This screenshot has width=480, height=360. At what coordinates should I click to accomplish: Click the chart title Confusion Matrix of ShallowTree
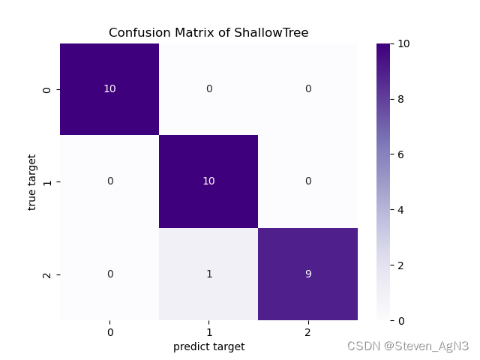(208, 33)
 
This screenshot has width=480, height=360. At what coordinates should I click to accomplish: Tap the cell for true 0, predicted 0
(109, 89)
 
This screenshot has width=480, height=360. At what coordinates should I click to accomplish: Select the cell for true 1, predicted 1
(208, 181)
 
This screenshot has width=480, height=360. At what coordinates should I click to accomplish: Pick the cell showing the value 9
(307, 274)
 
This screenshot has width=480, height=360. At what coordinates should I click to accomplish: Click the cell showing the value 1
(208, 274)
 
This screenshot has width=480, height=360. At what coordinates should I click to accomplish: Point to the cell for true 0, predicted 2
(307, 89)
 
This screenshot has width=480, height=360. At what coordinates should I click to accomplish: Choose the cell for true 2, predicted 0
(109, 274)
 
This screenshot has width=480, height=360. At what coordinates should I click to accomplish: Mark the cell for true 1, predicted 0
(109, 181)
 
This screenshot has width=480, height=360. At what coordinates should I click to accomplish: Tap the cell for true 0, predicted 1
(208, 89)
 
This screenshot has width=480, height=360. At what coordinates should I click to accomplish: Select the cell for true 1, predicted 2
(307, 181)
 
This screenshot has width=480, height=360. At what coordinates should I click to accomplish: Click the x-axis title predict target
(208, 346)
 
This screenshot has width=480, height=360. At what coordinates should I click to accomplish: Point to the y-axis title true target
(32, 182)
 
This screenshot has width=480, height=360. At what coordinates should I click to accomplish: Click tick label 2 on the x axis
(307, 331)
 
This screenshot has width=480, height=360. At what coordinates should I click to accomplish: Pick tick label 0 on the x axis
(109, 331)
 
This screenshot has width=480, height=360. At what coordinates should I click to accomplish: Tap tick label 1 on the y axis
(47, 182)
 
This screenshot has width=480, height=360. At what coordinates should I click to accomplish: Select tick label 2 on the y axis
(47, 274)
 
